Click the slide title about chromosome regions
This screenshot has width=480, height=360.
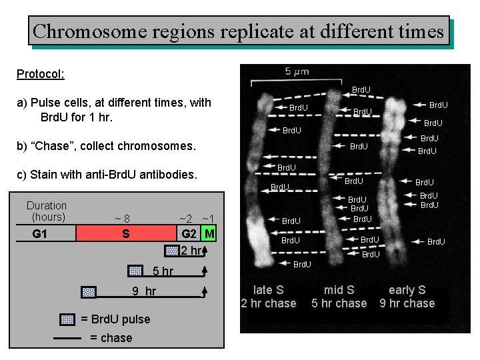pos(238,31)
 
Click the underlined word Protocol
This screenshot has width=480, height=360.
pos(40,73)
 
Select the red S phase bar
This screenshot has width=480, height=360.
pos(125,234)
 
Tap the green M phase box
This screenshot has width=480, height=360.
pos(209,234)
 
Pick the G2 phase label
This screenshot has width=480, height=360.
pos(190,234)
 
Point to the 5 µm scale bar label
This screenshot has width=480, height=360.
pos(297,71)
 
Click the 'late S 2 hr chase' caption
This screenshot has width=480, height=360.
pos(268,297)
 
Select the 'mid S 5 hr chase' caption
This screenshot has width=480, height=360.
pos(339,297)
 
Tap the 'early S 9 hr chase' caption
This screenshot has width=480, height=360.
pos(407,297)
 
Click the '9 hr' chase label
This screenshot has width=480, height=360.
pos(144,291)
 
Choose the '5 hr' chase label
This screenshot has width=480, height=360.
pos(163,271)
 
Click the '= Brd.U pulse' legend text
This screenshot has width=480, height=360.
pos(115,319)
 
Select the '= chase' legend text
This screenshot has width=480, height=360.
pos(111,338)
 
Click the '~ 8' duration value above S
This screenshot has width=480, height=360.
pos(122,219)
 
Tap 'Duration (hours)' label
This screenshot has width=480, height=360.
pos(47,211)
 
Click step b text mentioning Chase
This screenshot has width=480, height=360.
pos(107,146)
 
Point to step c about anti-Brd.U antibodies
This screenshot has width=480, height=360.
pos(107,175)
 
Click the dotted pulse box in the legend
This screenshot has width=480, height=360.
pos(67,319)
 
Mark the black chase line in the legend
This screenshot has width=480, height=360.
pos(67,338)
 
